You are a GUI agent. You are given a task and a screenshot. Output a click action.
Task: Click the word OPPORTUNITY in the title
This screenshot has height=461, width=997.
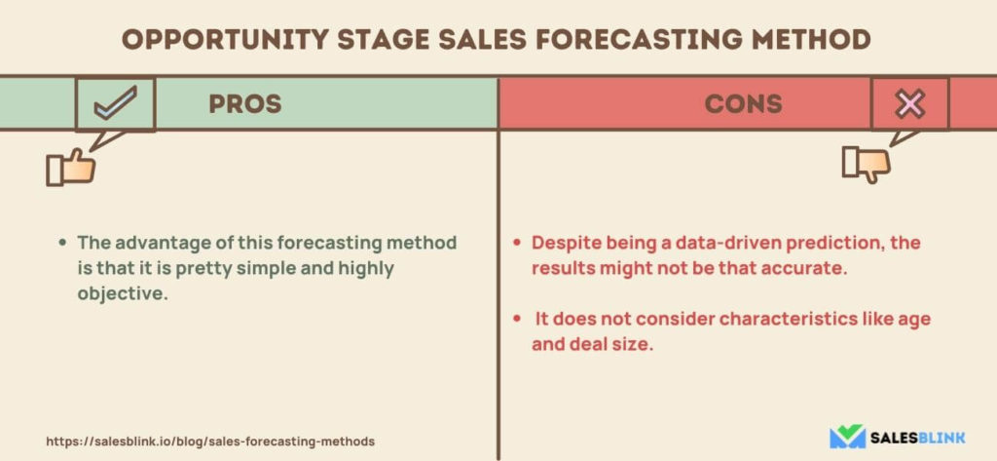click(225, 40)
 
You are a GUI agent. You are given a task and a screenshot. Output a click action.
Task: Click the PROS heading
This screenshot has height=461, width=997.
click(244, 103)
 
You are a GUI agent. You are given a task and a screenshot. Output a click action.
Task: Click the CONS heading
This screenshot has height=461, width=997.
click(743, 103)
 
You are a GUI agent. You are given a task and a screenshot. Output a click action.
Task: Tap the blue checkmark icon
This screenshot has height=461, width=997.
click(115, 103)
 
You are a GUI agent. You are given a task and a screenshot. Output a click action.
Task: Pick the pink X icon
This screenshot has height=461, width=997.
click(910, 104)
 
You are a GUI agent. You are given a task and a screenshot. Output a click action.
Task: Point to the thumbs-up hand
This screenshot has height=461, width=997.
click(70, 168)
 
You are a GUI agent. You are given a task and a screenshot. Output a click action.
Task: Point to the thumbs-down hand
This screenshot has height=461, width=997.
click(866, 165)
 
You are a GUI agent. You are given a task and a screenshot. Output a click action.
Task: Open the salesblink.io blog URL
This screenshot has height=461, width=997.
click(210, 442)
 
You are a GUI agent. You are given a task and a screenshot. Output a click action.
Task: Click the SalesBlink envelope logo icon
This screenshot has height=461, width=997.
click(847, 437)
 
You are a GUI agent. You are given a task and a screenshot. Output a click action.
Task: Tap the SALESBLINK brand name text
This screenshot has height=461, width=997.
click(918, 438)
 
